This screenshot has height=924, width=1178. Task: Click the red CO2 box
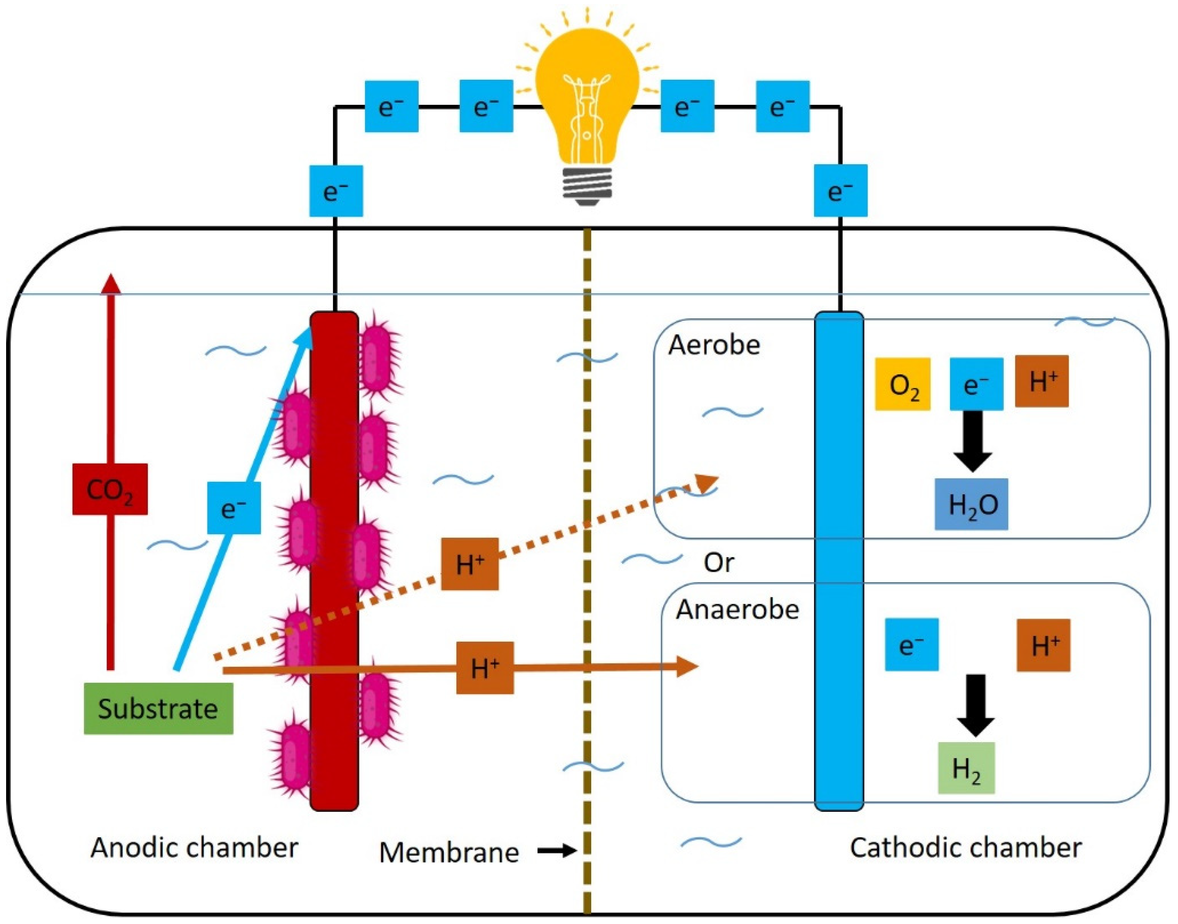[110, 489]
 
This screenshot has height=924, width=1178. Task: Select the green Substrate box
[159, 708]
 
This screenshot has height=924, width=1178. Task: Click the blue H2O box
[971, 504]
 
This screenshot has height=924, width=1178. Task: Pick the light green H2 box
[966, 768]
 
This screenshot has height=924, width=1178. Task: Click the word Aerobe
[714, 345]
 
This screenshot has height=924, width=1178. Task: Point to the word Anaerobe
[737, 610]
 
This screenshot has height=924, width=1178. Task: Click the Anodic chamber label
[194, 847]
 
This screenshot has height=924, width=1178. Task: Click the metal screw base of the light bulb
[587, 186]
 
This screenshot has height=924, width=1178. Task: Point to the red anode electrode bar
[334, 561]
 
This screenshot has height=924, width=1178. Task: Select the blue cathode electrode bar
[839, 561]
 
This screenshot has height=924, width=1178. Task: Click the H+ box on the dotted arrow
[469, 564]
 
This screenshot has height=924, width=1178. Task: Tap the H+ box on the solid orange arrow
[485, 667]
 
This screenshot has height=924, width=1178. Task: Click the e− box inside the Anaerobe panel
[912, 644]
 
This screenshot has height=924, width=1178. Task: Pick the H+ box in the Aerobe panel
[1041, 381]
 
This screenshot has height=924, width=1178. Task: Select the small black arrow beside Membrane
[557, 851]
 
